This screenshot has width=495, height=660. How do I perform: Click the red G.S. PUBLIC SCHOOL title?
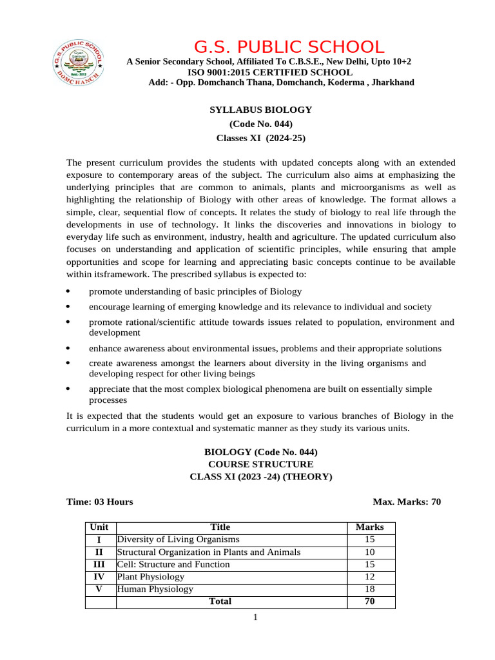(x=289, y=47)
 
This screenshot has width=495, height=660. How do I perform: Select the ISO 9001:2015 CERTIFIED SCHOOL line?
(x=269, y=72)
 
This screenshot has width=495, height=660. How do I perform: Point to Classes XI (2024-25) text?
(x=260, y=138)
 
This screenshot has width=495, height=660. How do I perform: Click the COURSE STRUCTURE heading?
(x=260, y=464)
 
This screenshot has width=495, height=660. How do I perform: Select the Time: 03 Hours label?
(x=100, y=501)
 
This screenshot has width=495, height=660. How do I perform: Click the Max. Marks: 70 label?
(x=407, y=501)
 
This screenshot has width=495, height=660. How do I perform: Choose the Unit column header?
(x=99, y=527)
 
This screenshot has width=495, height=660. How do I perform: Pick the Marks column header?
(x=370, y=527)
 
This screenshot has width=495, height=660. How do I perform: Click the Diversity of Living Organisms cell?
(x=178, y=539)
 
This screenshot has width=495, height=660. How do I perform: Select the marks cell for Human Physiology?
(x=370, y=588)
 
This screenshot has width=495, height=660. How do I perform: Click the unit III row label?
(x=99, y=564)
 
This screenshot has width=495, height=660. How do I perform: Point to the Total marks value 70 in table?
(x=370, y=601)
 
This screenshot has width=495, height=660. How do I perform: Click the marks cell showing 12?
(x=370, y=576)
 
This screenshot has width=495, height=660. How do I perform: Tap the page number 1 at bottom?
(x=255, y=618)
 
